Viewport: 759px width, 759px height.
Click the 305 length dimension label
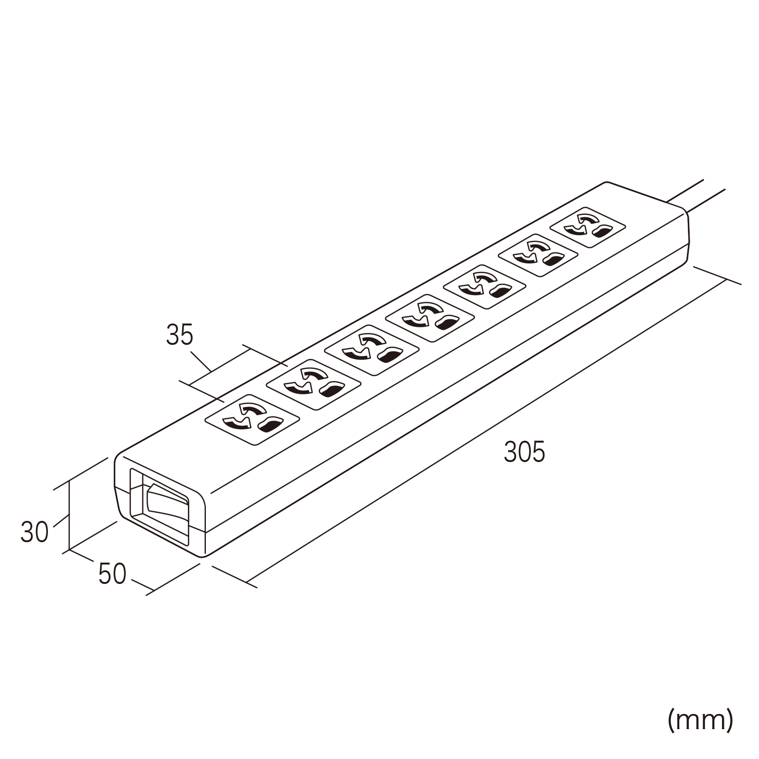click(x=524, y=452)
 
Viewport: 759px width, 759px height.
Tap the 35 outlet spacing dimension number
click(x=180, y=335)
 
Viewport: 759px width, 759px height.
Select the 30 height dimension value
click(x=34, y=532)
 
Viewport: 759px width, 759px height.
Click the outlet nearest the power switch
click(x=252, y=420)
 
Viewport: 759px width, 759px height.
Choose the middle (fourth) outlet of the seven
click(x=429, y=318)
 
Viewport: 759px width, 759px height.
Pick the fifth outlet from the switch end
click(x=484, y=287)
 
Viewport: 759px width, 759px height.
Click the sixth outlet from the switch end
click(x=537, y=257)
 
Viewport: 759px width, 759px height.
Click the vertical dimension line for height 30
click(x=70, y=515)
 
